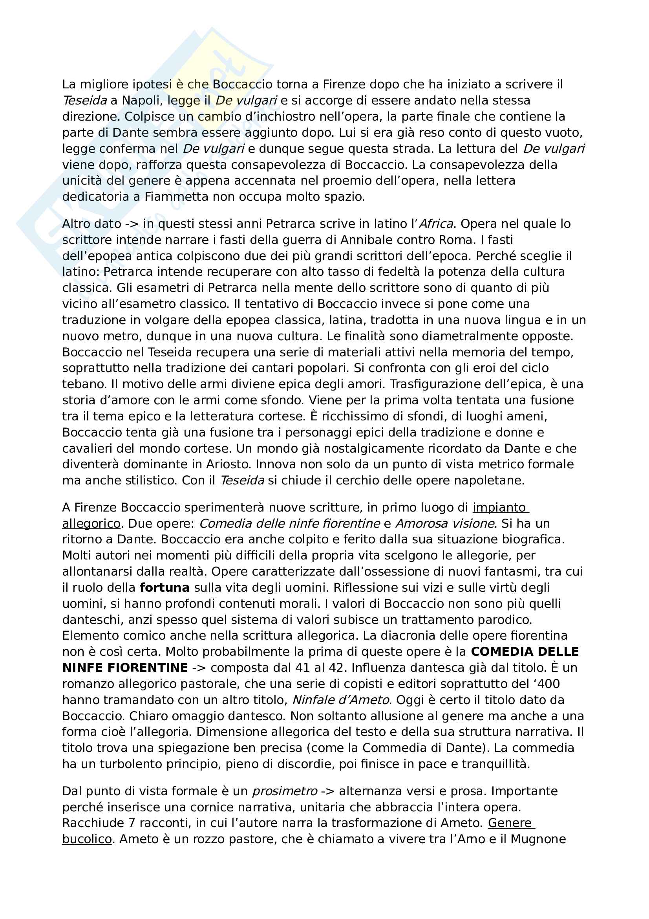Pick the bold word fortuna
tap(165, 587)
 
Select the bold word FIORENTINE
tap(152, 668)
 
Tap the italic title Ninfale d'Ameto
tap(341, 700)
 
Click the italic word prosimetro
tap(284, 791)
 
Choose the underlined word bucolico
tap(87, 839)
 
